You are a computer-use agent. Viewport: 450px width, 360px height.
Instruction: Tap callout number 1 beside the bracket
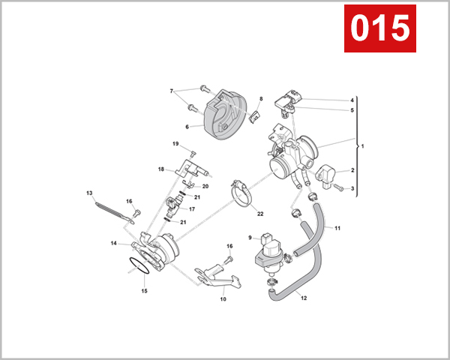362,146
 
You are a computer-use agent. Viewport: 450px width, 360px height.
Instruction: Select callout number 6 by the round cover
177,127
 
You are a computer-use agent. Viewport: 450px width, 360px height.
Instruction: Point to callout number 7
172,91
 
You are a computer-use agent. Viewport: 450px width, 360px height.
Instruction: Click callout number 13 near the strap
89,193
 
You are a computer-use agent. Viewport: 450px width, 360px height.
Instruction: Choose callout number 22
260,214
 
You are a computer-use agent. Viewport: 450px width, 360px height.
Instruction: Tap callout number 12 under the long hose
304,298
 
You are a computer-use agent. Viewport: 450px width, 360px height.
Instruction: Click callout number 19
175,144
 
